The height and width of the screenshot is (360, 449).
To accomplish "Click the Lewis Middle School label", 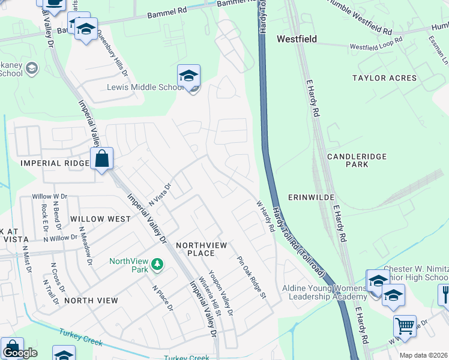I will point(144,87).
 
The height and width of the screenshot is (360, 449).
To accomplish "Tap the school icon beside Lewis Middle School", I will point(188,77).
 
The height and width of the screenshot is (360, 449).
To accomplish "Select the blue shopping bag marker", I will point(102,160).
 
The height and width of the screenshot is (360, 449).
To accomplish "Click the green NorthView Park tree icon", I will point(157,263).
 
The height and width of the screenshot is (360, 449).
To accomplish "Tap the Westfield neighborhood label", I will point(297,39).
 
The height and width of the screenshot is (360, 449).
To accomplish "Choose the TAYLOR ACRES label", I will point(384,78).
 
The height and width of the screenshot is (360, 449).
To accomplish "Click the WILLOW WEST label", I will point(99,219).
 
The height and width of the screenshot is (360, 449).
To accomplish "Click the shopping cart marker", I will point(405,326).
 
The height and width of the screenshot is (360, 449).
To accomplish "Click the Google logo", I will point(19,353).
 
